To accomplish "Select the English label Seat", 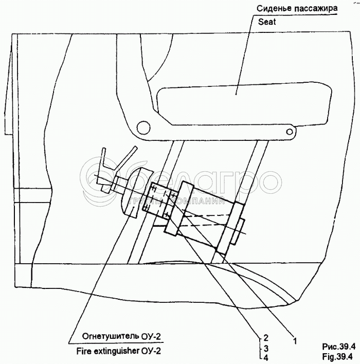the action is [267, 22].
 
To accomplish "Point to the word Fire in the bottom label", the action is [84, 351].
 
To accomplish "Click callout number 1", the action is [295, 341].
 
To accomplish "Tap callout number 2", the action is [266, 337].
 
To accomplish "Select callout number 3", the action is [266, 348].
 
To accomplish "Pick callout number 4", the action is [266, 358].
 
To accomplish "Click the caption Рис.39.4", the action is [338, 347].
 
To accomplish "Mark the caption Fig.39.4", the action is [337, 356].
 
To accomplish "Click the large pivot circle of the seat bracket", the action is [143, 128].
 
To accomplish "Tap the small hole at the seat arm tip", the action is [290, 132].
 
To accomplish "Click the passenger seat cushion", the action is [244, 104].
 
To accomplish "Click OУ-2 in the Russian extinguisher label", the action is [151, 336].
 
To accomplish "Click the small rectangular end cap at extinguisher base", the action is [238, 231].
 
